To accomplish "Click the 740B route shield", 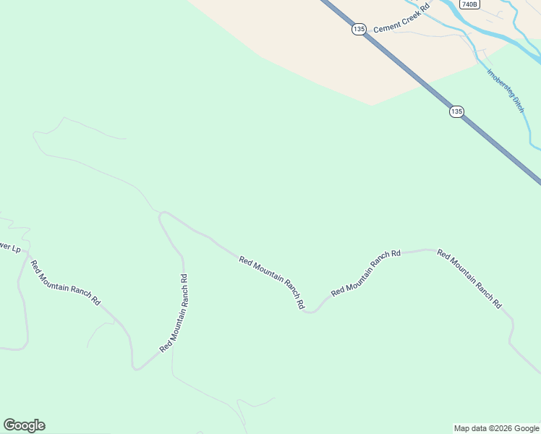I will (x=469, y=4).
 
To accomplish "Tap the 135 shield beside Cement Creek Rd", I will (x=359, y=29).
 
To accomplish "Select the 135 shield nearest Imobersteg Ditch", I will (x=456, y=111).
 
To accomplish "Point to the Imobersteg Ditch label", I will (x=505, y=90).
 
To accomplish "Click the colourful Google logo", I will (x=24, y=425).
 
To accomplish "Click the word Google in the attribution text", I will (x=526, y=428).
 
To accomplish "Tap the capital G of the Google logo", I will (x=9, y=425).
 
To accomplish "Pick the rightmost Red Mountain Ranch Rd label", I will (x=469, y=279).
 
